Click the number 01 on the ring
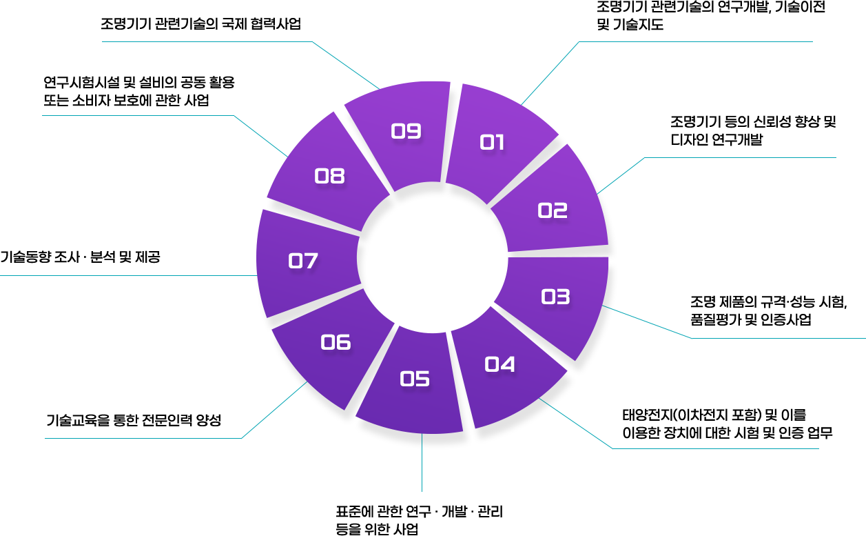pos(492,143)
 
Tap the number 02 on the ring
pos(553,210)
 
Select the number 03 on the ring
pos(555,297)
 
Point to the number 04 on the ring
pos(499,364)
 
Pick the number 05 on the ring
pos(415,379)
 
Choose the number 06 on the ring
pos(336,342)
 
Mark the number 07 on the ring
pos(302,261)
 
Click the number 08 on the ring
pos(329,177)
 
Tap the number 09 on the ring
pos(406,131)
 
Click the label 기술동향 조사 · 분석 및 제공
pos(80,257)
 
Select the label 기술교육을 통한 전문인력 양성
pos(133,419)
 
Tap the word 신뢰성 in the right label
pos(759,122)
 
